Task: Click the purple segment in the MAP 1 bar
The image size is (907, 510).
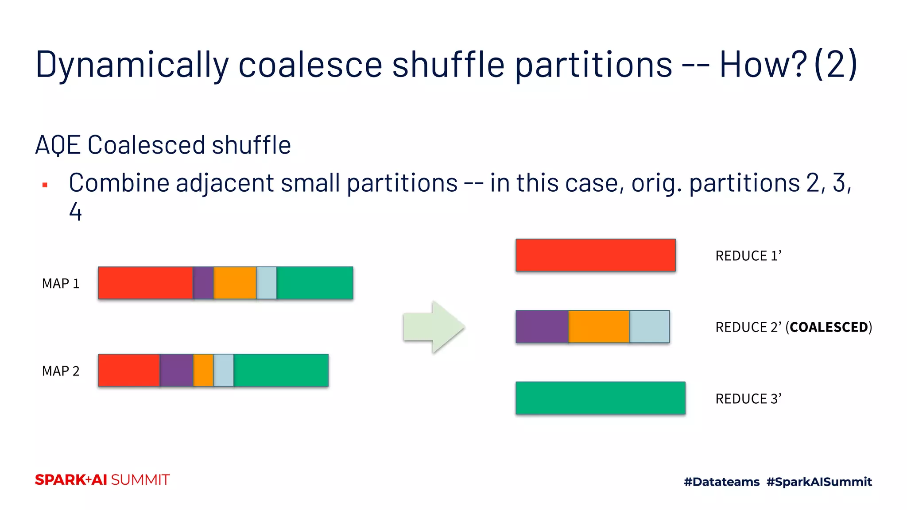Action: [x=203, y=283]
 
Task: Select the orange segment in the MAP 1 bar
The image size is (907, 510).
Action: [x=235, y=283]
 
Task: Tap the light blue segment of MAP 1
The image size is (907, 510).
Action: [x=267, y=283]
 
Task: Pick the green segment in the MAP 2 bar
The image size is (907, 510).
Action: [x=281, y=370]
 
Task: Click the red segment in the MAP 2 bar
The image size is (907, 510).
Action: [x=129, y=370]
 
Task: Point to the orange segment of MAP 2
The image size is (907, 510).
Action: [x=203, y=370]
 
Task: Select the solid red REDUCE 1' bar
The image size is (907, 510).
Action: [x=595, y=255]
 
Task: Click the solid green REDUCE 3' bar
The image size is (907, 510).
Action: [x=600, y=398]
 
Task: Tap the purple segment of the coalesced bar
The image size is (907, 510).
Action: [x=542, y=327]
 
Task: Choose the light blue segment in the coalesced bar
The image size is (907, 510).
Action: [x=649, y=327]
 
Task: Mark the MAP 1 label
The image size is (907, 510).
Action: [x=61, y=283]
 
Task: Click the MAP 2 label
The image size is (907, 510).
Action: [x=61, y=371]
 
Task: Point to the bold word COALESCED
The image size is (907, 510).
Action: [x=829, y=327]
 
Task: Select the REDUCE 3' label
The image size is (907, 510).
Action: [x=748, y=398]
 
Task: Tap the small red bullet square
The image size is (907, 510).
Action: [x=45, y=185]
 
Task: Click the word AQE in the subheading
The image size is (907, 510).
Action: [x=58, y=145]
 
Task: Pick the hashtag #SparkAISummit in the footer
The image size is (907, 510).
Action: [x=819, y=482]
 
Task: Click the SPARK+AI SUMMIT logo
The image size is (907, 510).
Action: [x=102, y=480]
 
